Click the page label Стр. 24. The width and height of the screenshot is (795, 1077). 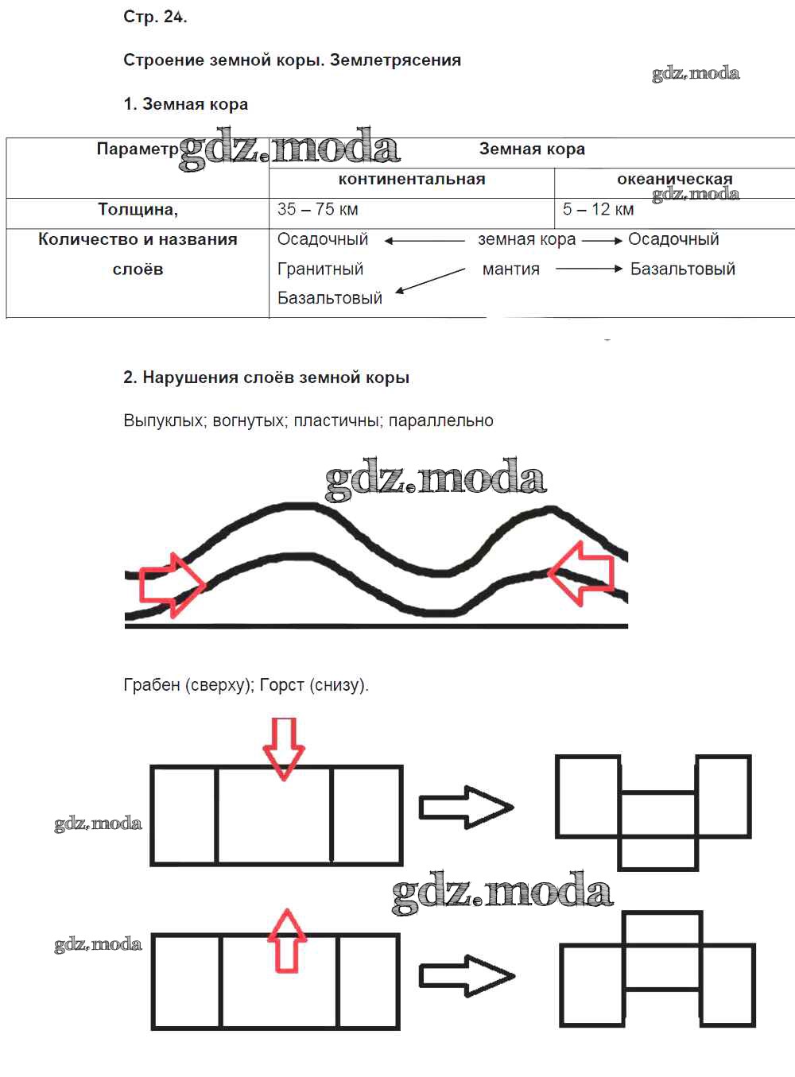click(x=155, y=17)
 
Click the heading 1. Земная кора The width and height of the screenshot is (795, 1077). click(x=185, y=104)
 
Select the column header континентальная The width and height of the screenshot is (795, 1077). click(x=411, y=180)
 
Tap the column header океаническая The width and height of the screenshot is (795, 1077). click(x=674, y=180)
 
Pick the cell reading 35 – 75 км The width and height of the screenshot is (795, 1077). click(x=317, y=210)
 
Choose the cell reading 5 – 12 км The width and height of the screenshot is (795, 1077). click(x=598, y=210)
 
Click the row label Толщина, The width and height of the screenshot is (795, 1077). click(x=138, y=210)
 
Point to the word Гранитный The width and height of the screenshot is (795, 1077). click(x=320, y=269)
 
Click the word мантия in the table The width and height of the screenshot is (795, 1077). click(x=510, y=269)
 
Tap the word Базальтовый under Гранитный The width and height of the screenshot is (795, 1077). click(x=329, y=299)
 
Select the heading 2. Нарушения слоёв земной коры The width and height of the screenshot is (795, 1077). click(x=266, y=378)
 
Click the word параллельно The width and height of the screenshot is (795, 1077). click(x=441, y=420)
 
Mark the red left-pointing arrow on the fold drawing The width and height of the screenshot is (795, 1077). click(x=583, y=572)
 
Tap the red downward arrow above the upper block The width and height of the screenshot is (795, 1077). click(x=284, y=748)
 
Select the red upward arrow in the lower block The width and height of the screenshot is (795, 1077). click(x=286, y=941)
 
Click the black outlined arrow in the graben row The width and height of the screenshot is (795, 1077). click(x=466, y=807)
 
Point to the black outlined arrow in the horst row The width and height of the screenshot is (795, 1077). click(x=467, y=975)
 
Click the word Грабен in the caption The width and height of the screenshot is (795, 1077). click(x=151, y=685)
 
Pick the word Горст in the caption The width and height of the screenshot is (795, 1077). click(x=281, y=685)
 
